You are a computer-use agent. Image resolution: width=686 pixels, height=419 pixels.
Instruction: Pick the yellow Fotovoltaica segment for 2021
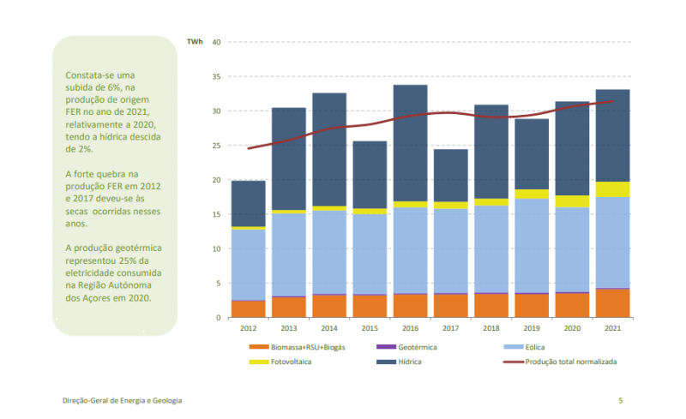tap(612, 189)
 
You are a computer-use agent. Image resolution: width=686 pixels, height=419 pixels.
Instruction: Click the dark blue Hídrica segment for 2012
tap(248, 203)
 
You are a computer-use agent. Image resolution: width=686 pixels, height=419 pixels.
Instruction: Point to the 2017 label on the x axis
tap(450, 328)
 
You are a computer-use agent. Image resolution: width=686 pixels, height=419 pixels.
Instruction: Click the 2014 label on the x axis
tap(328, 328)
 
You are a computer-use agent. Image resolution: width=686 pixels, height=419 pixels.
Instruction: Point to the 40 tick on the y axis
tap(216, 42)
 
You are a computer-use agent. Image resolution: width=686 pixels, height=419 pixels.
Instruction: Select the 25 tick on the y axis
tap(216, 146)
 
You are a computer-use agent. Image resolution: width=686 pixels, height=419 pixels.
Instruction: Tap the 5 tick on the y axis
tap(219, 284)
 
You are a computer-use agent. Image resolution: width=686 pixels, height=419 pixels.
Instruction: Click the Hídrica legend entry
tap(410, 362)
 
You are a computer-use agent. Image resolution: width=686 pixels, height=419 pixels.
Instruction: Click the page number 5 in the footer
tap(620, 400)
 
